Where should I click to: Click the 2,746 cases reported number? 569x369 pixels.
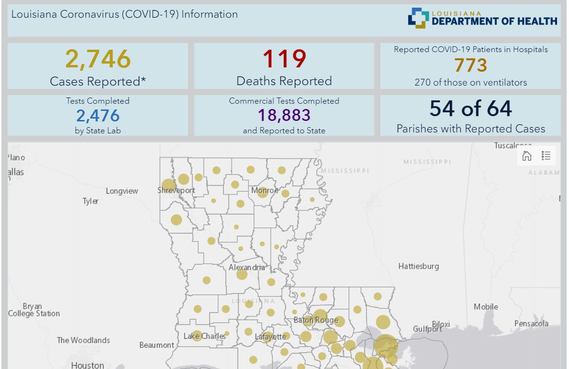click(98, 59)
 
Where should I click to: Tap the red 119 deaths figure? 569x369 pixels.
click(284, 59)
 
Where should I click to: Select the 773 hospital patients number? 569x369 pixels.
click(471, 65)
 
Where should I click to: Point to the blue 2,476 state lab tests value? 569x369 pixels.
click(98, 116)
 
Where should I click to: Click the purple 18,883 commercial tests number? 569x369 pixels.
click(284, 115)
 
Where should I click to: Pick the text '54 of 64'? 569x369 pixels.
click(471, 109)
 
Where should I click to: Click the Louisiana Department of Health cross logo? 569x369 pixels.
click(418, 18)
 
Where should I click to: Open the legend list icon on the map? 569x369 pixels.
click(546, 155)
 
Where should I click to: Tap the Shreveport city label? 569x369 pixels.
click(177, 190)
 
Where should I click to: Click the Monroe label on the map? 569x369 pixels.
click(265, 190)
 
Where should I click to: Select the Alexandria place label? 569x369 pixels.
click(247, 268)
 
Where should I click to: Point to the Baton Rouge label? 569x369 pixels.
click(316, 320)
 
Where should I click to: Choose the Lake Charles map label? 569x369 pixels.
click(205, 336)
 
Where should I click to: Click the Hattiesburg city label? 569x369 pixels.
click(419, 266)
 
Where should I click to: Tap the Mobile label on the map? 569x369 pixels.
click(486, 307)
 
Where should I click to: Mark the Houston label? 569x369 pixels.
click(88, 365)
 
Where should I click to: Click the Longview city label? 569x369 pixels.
click(122, 191)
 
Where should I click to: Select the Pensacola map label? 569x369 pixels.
click(531, 323)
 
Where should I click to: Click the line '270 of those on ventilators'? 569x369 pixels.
click(471, 83)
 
